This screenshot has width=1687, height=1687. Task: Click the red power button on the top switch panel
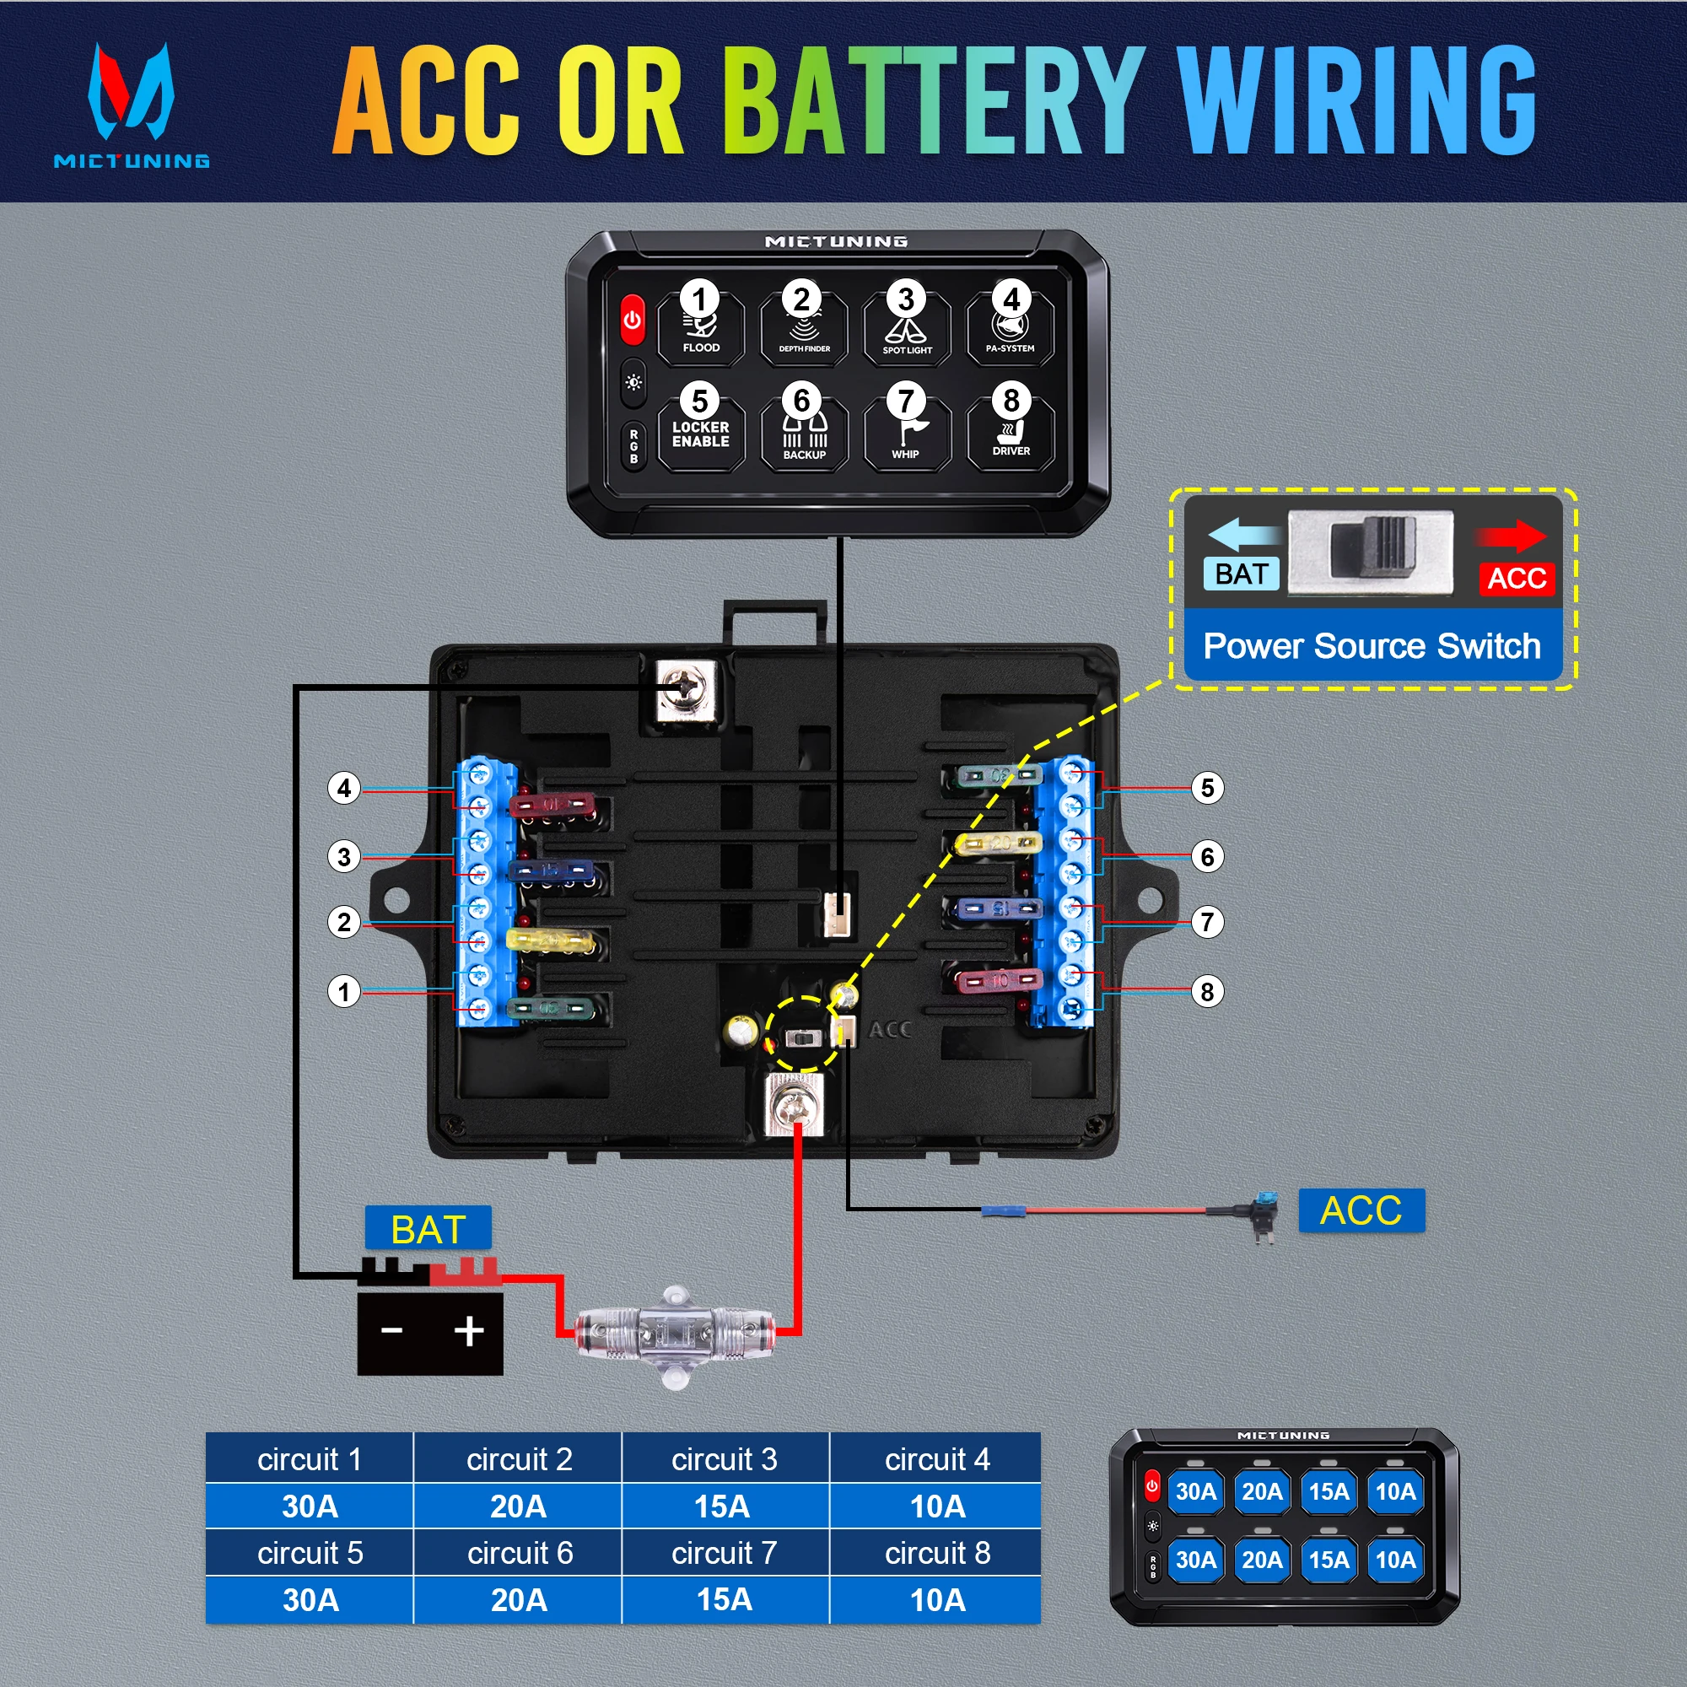click(632, 320)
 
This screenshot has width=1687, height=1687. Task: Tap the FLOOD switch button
click(700, 328)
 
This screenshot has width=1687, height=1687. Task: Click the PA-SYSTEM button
click(1011, 328)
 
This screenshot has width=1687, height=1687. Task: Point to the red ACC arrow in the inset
click(1512, 536)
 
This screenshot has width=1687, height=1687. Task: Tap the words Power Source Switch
click(1372, 647)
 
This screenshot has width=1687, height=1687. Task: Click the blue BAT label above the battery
click(428, 1230)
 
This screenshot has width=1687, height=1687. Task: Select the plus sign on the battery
click(469, 1331)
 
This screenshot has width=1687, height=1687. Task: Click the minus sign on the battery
click(392, 1331)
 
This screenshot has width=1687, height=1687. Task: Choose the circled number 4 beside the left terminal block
click(344, 788)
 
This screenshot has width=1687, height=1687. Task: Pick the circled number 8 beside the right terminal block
click(1207, 991)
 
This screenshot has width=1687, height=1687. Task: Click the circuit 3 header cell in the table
click(724, 1459)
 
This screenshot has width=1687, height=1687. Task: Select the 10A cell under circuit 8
click(937, 1599)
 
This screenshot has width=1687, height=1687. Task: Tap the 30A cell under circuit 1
click(310, 1506)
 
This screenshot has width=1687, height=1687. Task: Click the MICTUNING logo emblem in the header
click(131, 92)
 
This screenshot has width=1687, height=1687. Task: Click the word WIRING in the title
click(1356, 100)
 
